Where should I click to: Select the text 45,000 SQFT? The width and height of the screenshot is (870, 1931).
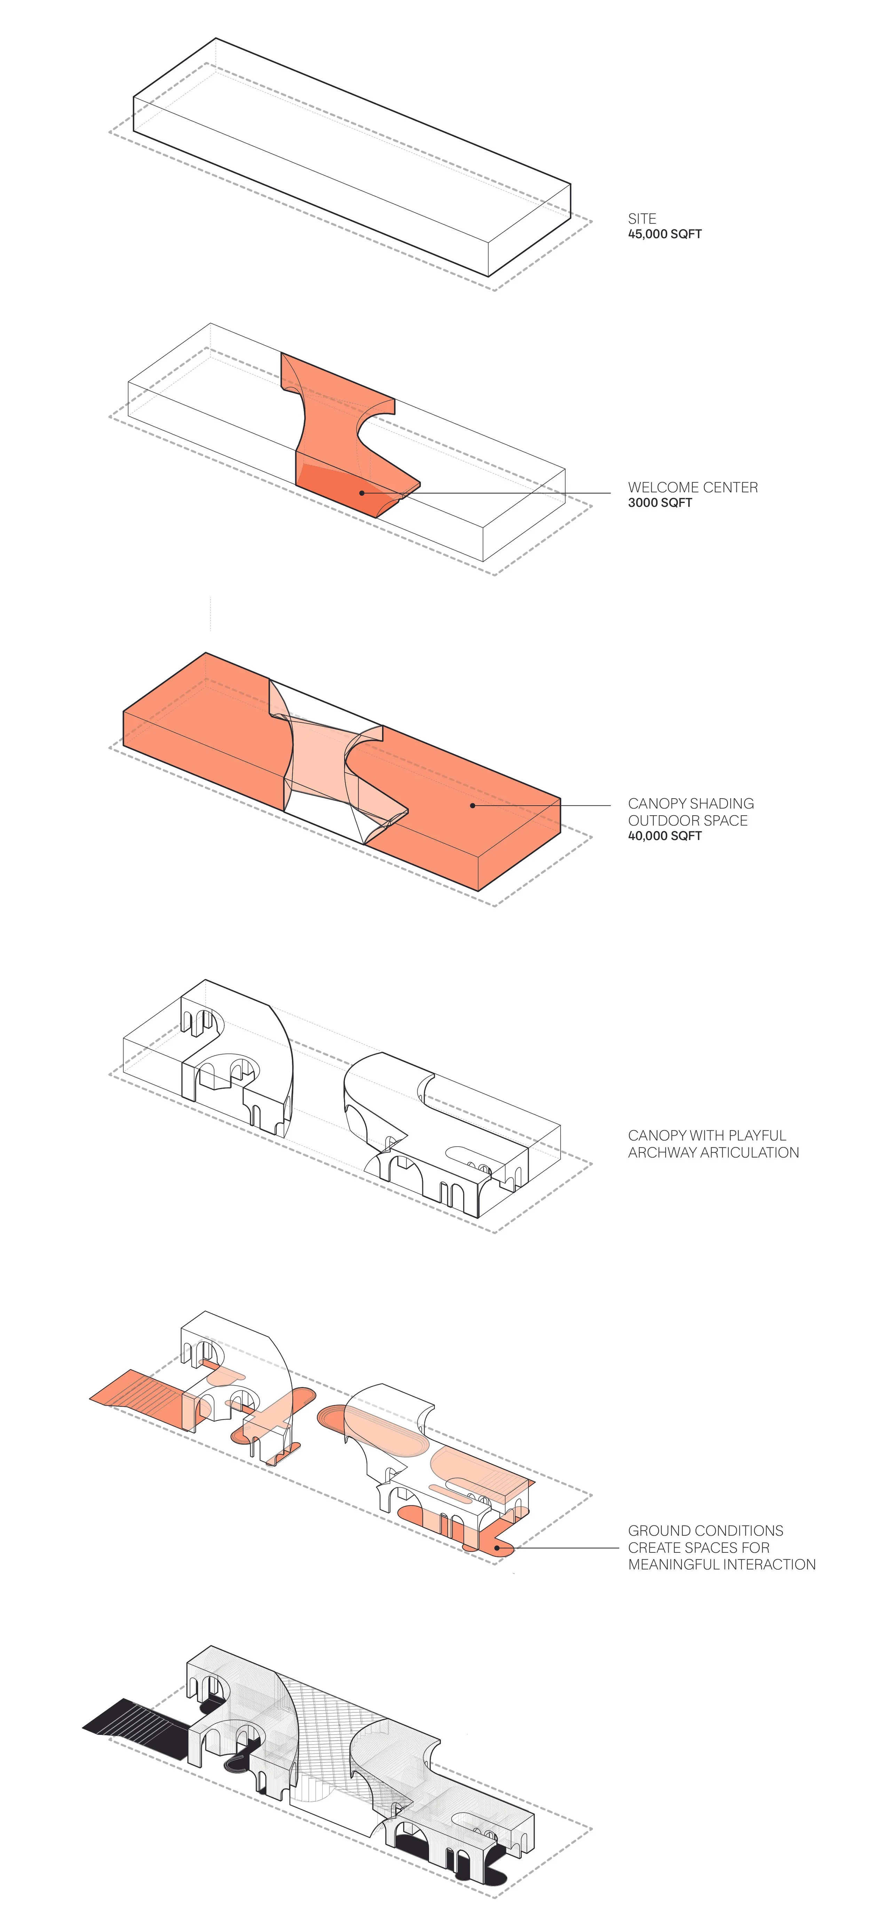click(x=664, y=234)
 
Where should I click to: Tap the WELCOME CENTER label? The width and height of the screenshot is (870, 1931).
click(x=692, y=487)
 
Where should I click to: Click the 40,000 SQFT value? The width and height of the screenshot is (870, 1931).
click(x=664, y=836)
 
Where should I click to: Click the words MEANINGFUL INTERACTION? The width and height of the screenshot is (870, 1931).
click(x=721, y=1565)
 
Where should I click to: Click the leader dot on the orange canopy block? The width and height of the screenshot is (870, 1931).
click(x=473, y=806)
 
